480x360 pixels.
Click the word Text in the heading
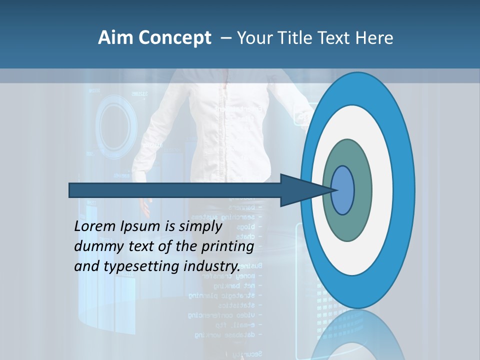pos(335,38)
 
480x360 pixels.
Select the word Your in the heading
pos(253,38)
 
